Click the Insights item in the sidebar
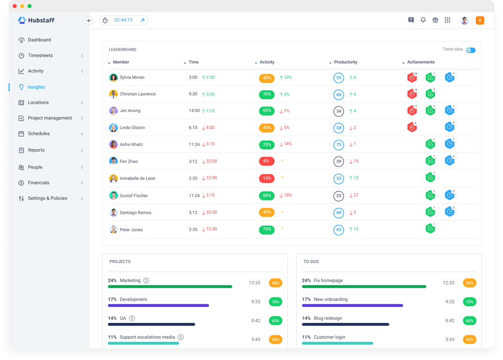click(x=36, y=87)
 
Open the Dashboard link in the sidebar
click(x=39, y=40)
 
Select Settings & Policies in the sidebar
click(x=47, y=198)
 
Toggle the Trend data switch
click(x=471, y=50)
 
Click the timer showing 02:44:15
click(x=123, y=20)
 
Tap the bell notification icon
click(x=423, y=20)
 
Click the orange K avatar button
click(x=480, y=20)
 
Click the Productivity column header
click(x=345, y=62)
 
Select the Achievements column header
click(x=420, y=62)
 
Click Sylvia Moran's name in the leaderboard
click(x=132, y=77)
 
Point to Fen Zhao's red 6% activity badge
click(x=266, y=161)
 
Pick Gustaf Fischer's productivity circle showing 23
click(x=338, y=196)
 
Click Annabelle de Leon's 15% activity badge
click(x=266, y=179)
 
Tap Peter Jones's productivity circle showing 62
click(x=338, y=230)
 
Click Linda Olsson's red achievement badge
click(x=412, y=127)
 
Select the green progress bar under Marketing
click(x=170, y=286)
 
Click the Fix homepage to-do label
click(x=328, y=280)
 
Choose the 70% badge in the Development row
click(x=275, y=302)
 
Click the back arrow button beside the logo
click(x=89, y=21)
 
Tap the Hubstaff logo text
click(x=41, y=20)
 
